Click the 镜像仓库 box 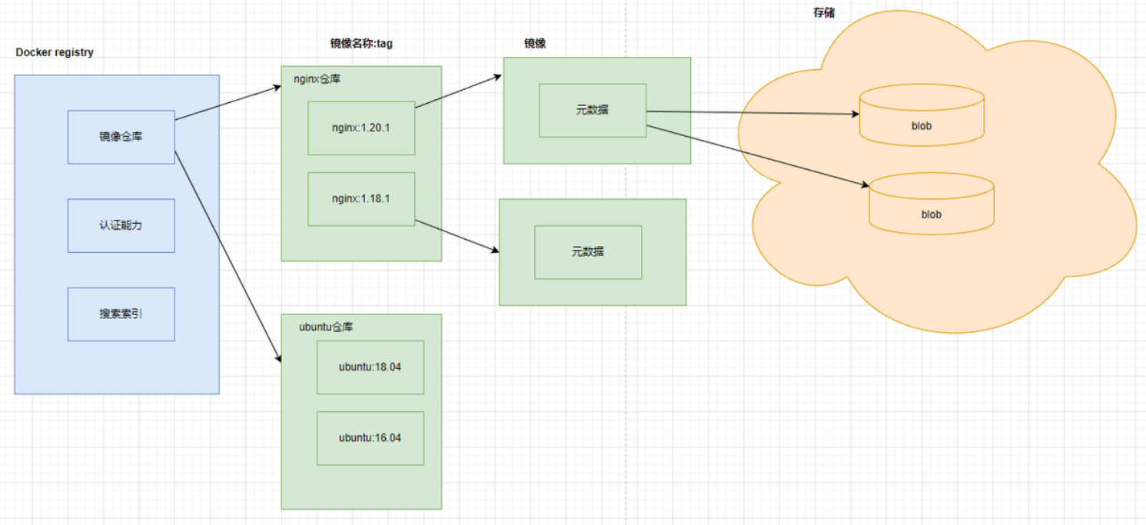pos(121,137)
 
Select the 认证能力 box pos(121,226)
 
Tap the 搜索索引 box pos(121,314)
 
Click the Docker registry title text pos(55,52)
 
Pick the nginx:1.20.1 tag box pos(361,128)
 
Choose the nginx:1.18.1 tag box pos(361,198)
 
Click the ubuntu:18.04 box pos(370,367)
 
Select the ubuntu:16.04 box pos(370,437)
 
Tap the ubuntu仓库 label pos(326,327)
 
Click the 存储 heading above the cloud pos(824,13)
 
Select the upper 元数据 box pos(592,110)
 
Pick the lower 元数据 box pos(588,251)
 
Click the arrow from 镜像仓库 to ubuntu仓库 pos(227,254)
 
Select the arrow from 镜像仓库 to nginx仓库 pos(228,103)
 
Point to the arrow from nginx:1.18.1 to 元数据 pos(457,237)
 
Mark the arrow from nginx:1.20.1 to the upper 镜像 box pos(459,91)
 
